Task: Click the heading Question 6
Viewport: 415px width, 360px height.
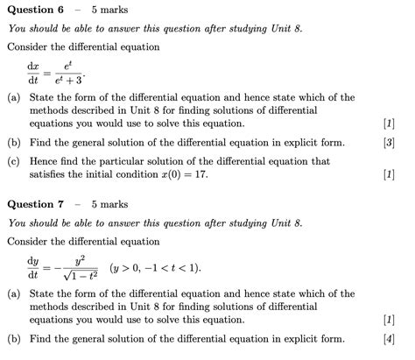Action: [35, 10]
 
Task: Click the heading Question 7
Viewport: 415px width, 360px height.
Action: [35, 204]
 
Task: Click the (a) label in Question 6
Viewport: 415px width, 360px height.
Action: [14, 98]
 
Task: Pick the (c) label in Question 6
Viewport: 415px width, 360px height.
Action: [14, 162]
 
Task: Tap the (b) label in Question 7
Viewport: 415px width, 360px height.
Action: [14, 339]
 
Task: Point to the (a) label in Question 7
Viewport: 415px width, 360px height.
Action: [14, 294]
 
